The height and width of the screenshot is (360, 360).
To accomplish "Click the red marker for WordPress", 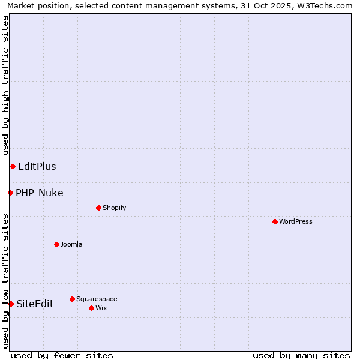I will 275,221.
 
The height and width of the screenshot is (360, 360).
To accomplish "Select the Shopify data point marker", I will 98,208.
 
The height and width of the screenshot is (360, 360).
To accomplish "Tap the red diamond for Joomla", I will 56,244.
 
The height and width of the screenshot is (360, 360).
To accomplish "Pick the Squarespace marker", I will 72,299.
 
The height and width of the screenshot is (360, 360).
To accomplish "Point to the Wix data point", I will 91,308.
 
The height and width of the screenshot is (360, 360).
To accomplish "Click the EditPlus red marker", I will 13,166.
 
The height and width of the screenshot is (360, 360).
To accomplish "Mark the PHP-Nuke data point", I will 10,193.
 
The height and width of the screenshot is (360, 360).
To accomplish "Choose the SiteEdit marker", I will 11,304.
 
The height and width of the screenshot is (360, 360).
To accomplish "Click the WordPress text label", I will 296,221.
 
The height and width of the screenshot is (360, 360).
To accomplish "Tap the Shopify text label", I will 114,208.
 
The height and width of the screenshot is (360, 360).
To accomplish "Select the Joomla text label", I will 71,244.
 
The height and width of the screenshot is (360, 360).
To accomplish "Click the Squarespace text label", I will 97,299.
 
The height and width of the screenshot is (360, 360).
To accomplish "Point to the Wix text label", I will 101,308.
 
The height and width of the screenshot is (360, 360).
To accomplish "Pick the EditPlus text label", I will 37,166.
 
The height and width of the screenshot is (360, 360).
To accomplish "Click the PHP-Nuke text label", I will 40,193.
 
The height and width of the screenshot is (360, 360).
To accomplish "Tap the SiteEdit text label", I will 35,304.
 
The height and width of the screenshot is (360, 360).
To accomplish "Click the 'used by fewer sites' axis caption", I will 62,355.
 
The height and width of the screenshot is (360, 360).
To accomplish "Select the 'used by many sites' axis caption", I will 301,355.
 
